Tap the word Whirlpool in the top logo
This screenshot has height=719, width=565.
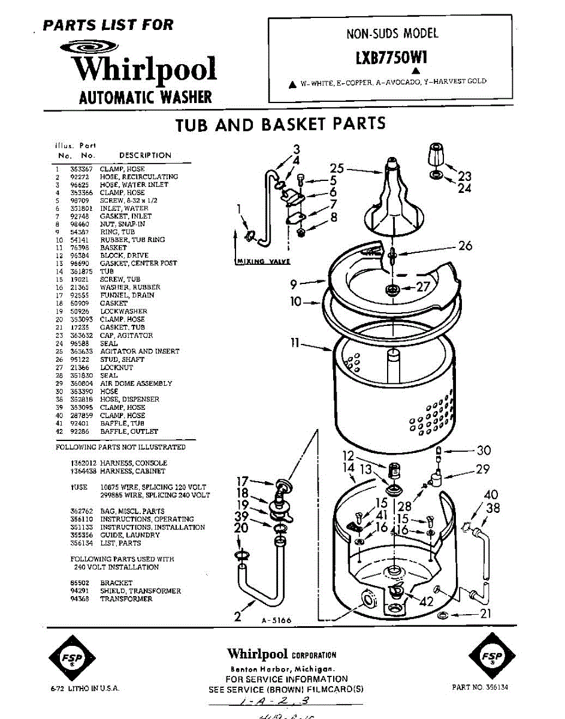[x=144, y=69]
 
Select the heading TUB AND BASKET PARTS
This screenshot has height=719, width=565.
[x=280, y=124]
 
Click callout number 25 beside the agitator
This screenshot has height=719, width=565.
[x=337, y=168]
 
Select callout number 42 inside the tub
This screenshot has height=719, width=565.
[x=427, y=602]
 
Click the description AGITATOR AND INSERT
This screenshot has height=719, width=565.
[x=139, y=351]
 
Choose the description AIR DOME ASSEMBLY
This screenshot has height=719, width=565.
[x=136, y=383]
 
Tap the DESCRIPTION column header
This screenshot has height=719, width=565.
[x=145, y=155]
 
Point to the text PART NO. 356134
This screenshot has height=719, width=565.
[x=480, y=687]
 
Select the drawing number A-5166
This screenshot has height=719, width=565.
[x=276, y=620]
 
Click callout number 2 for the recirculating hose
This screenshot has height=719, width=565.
[x=238, y=615]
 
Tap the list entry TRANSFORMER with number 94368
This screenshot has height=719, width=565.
[x=126, y=599]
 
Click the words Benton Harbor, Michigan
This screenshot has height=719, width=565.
[x=282, y=669]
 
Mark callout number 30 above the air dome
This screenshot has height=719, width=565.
[x=483, y=451]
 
